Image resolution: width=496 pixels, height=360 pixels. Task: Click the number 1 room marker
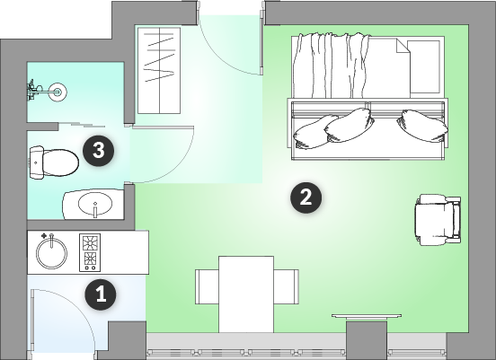pos(101,294)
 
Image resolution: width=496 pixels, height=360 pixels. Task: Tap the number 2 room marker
pos(306,198)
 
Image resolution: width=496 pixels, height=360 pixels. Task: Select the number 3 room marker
pos(98,150)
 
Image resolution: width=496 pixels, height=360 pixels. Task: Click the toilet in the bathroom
pos(54,162)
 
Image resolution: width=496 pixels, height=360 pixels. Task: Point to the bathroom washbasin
pos(93,204)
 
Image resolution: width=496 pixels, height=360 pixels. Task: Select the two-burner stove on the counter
pos(90,252)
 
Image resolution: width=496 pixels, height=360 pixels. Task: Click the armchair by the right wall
pos(438,220)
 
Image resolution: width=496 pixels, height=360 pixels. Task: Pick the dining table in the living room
pos(246,294)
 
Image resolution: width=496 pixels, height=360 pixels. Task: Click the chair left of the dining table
pos(207,286)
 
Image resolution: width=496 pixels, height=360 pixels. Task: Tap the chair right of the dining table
pos(286,286)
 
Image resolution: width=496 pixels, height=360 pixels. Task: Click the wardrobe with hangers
pos(159,70)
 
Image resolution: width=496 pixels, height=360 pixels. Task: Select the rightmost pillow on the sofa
pos(422,126)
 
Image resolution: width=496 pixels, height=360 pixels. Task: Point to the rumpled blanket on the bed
pos(331,66)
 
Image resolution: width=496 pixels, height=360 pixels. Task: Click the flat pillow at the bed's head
pos(423,66)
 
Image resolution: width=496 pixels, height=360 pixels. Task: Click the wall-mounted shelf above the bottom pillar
pos(367,316)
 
